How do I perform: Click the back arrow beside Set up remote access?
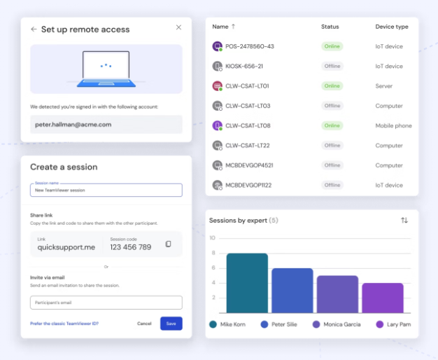(x=34, y=29)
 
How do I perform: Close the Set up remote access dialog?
(x=178, y=27)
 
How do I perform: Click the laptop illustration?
(x=106, y=69)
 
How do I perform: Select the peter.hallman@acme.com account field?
(x=106, y=124)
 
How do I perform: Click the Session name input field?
(x=106, y=190)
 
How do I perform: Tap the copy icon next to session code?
(x=168, y=244)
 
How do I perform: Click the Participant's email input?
(x=106, y=303)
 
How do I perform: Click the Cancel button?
(x=144, y=324)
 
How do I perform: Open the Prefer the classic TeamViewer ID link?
(x=64, y=324)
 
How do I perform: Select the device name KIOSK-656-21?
(x=243, y=67)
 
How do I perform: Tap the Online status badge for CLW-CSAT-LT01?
(x=332, y=86)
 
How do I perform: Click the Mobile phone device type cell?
(x=393, y=126)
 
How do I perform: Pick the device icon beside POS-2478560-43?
(x=217, y=46)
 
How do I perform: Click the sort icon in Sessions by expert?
(x=404, y=221)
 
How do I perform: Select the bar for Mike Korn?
(x=247, y=284)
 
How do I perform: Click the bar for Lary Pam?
(x=382, y=298)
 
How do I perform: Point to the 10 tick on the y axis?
(x=213, y=238)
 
